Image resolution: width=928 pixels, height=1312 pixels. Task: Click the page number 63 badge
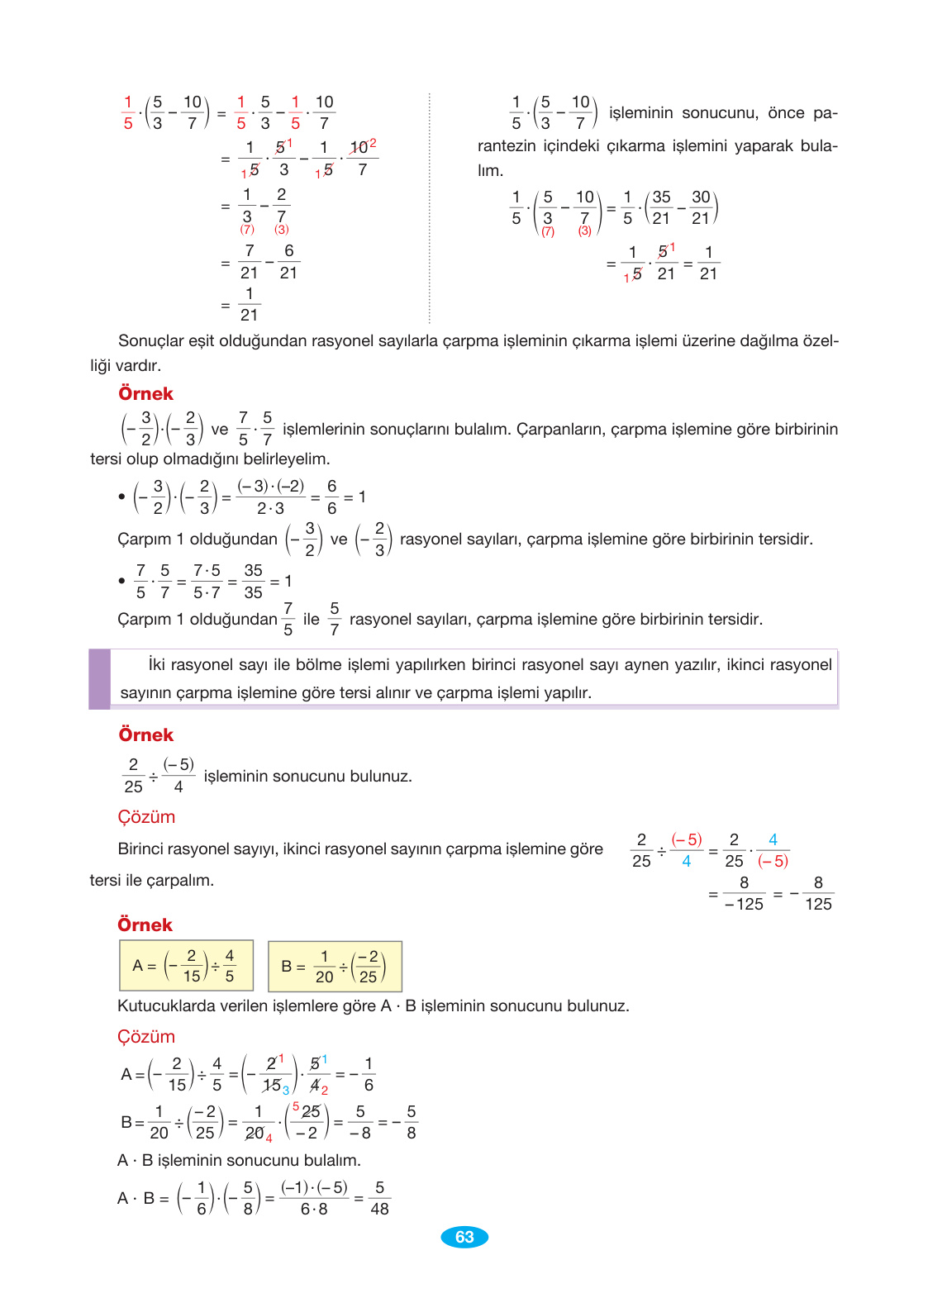(464, 1237)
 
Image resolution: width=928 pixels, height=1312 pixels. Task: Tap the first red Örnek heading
(145, 393)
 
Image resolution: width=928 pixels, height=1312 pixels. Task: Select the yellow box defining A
(186, 965)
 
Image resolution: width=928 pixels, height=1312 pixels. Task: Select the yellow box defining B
(335, 966)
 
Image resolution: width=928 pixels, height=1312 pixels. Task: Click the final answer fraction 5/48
(379, 1198)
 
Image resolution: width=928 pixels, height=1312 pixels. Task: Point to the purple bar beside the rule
(99, 679)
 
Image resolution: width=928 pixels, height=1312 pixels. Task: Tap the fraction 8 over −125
(744, 893)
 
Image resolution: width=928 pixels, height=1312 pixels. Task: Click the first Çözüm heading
(146, 817)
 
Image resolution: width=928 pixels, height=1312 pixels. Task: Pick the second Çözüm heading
(146, 1037)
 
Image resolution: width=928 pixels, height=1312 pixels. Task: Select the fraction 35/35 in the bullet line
(253, 582)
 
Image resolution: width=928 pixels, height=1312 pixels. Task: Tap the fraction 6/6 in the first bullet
(331, 497)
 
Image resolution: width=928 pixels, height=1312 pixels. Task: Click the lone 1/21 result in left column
(249, 304)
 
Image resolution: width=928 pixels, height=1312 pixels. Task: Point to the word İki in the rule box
(157, 665)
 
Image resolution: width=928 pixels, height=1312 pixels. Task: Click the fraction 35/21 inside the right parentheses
(661, 208)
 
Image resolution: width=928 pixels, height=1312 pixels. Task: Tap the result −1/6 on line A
(364, 1074)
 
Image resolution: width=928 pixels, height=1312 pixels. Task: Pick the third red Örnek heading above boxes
(145, 925)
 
